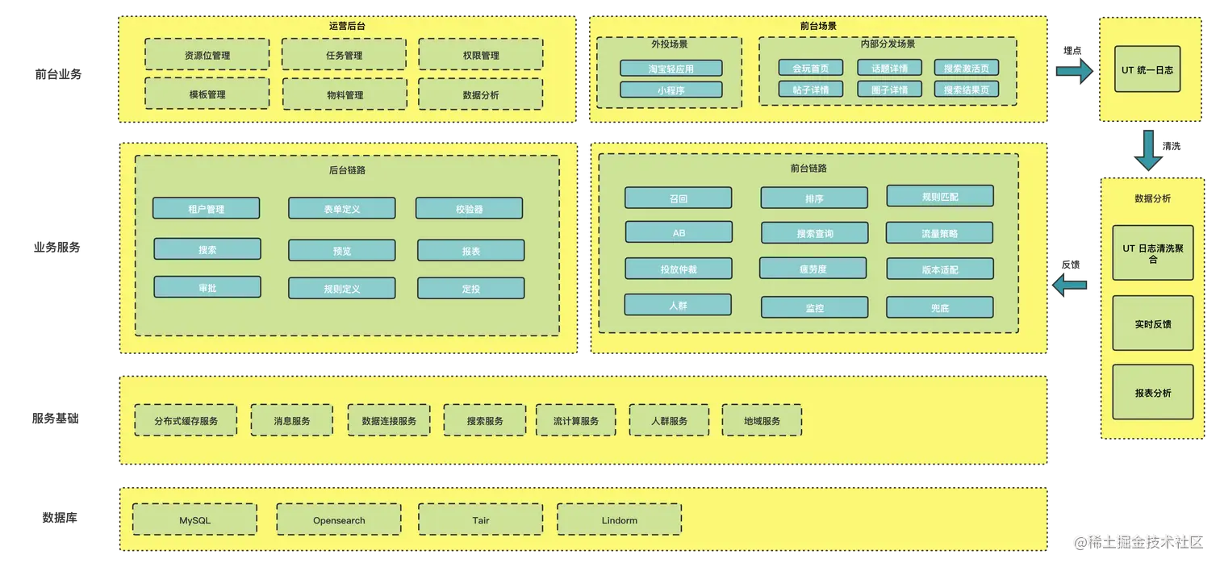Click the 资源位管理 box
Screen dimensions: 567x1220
click(207, 55)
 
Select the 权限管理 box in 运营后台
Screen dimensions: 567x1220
click(480, 55)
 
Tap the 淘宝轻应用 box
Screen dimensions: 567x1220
click(671, 69)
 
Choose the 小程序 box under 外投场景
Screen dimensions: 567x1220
click(671, 90)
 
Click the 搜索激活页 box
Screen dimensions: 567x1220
click(966, 68)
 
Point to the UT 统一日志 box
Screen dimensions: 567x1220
click(1147, 70)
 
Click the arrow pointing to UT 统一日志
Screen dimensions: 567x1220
click(1073, 73)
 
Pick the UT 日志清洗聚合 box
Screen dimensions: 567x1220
click(1152, 253)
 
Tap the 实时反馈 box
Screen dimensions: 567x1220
click(1152, 323)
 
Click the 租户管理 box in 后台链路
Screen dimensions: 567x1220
click(206, 208)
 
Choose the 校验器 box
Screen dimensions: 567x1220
click(469, 208)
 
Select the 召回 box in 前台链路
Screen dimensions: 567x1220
click(678, 198)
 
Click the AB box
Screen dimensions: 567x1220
click(678, 232)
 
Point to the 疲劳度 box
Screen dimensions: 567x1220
click(813, 269)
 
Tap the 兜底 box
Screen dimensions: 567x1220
click(939, 307)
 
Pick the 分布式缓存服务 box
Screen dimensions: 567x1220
click(186, 420)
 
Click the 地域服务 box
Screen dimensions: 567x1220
click(761, 420)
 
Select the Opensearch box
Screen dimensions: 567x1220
click(338, 520)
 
